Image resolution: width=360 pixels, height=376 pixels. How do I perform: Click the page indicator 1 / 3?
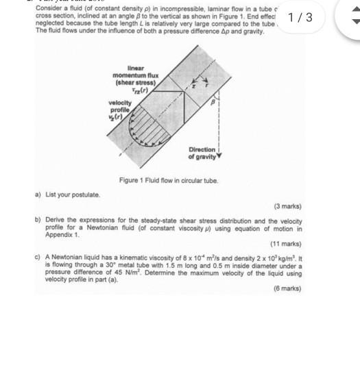(x=300, y=17)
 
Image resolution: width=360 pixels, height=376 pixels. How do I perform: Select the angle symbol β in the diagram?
(x=213, y=101)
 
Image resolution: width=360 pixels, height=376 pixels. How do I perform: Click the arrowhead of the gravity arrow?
(x=219, y=156)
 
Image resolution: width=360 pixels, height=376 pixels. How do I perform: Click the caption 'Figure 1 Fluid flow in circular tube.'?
(x=169, y=180)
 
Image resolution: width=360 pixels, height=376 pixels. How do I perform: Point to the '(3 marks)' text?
(x=287, y=206)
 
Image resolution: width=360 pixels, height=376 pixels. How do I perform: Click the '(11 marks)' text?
(x=286, y=244)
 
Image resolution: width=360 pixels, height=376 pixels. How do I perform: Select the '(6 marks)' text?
(x=287, y=289)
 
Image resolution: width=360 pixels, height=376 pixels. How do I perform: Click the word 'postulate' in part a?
(x=85, y=195)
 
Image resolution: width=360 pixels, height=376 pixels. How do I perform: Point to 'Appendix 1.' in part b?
(x=62, y=234)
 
